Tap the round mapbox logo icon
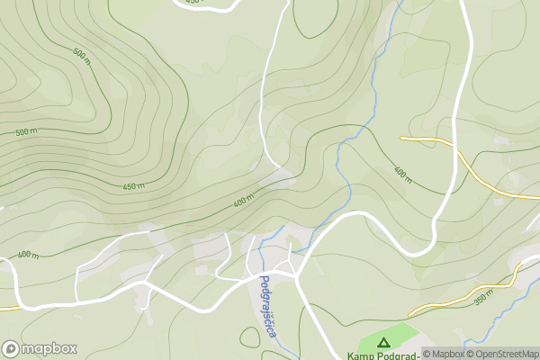(11, 349)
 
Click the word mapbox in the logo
(49, 349)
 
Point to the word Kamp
(365, 355)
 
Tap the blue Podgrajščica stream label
(267, 306)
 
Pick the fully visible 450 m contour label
(134, 186)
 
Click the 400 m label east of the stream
(402, 174)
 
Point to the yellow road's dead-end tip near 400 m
(402, 138)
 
